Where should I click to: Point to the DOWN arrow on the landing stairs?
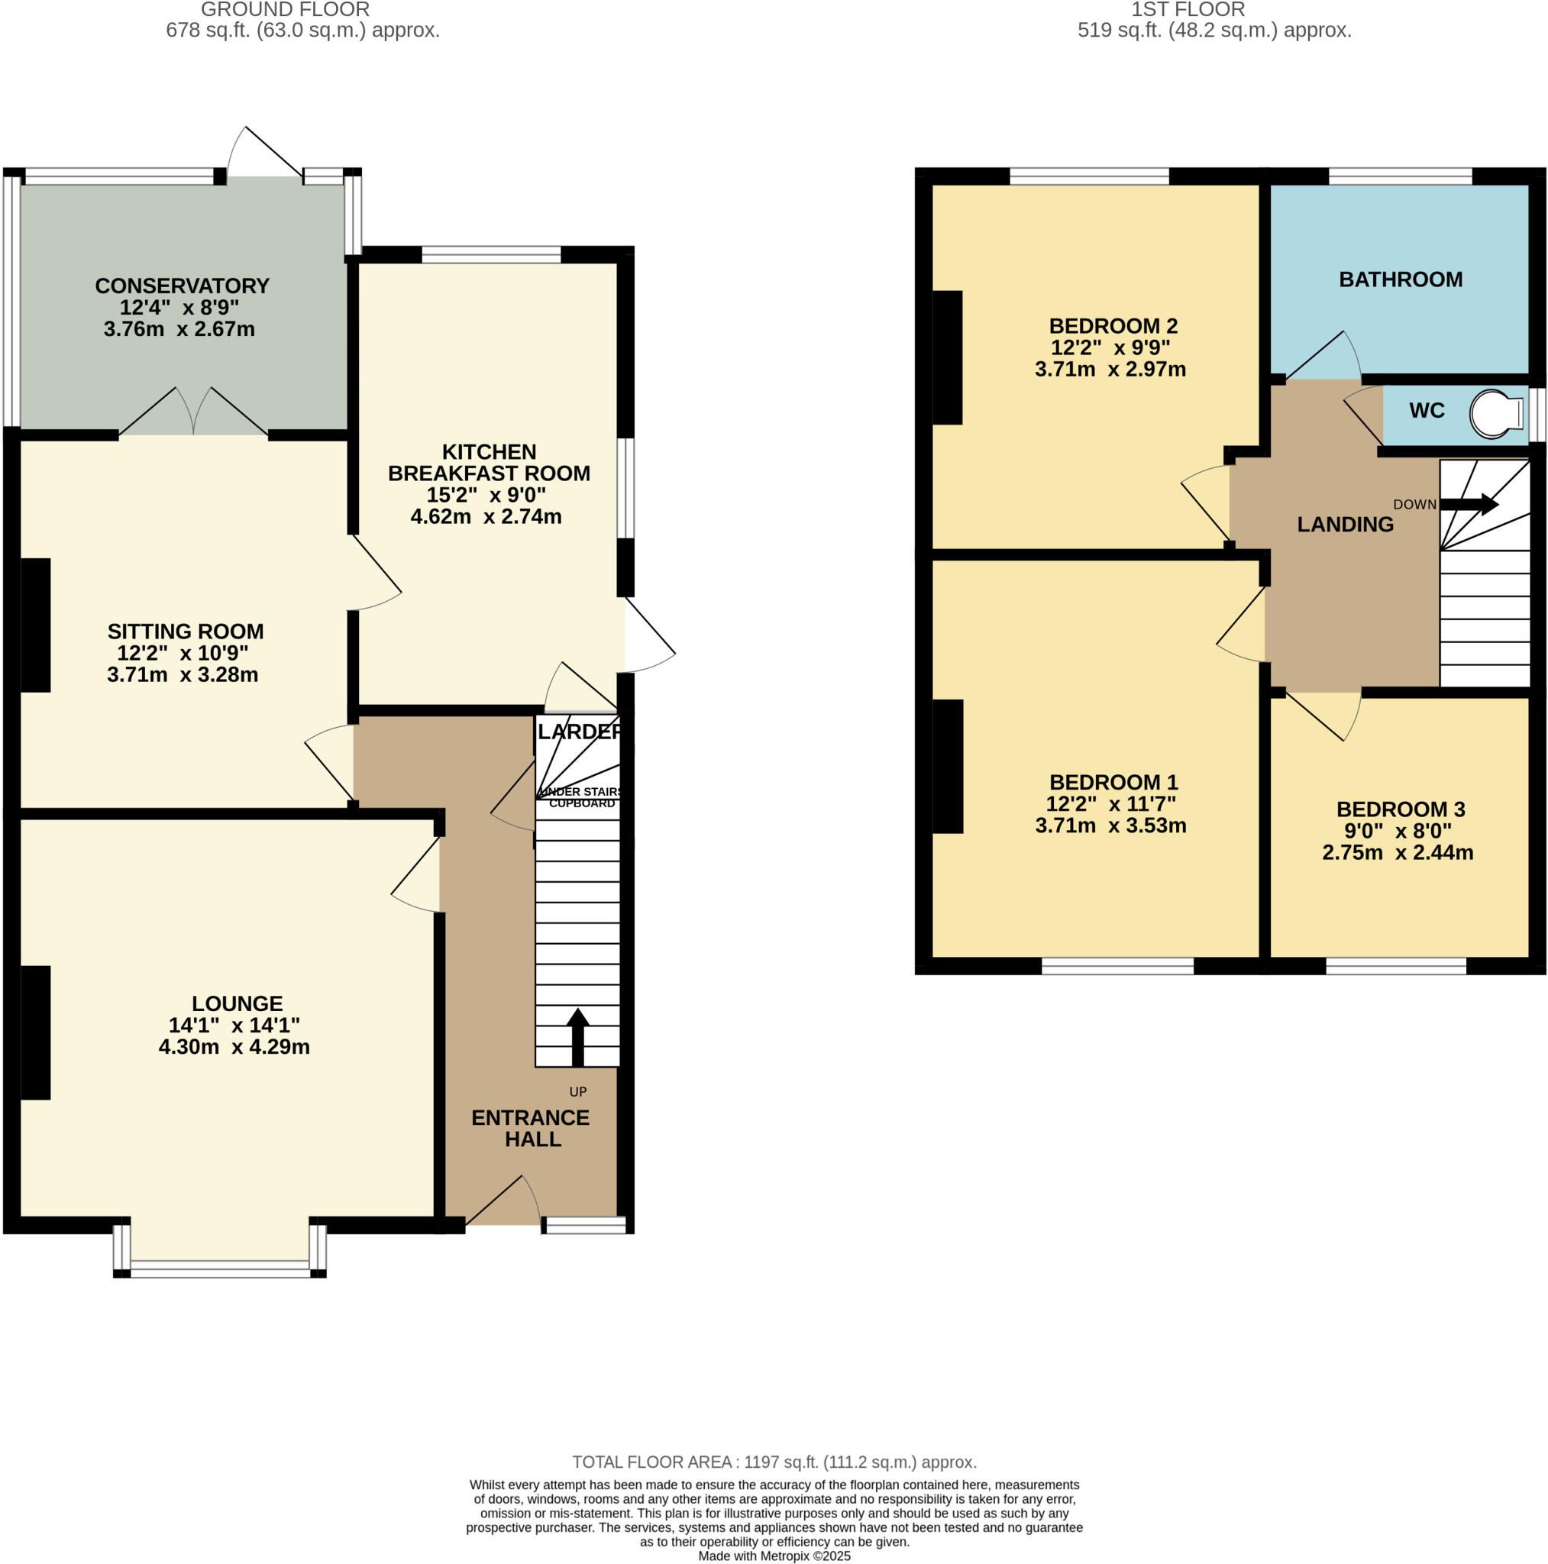(x=1469, y=504)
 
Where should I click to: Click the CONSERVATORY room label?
(x=183, y=286)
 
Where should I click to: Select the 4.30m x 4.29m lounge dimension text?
(x=234, y=1047)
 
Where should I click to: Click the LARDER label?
(x=579, y=732)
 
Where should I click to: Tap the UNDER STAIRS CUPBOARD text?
(x=580, y=797)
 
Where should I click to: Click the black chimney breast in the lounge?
(x=36, y=1032)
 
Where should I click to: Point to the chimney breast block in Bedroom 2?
(x=947, y=357)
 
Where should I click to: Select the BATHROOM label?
(x=1400, y=280)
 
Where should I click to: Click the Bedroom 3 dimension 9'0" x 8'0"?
(x=1398, y=831)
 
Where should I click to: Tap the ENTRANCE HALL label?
(x=531, y=1128)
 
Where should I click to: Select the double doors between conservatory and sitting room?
(x=193, y=413)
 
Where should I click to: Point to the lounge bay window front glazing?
(x=219, y=1268)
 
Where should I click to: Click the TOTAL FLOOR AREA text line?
(x=774, y=1462)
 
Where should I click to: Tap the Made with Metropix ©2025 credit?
(x=774, y=1556)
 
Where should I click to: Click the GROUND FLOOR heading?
(x=285, y=10)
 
